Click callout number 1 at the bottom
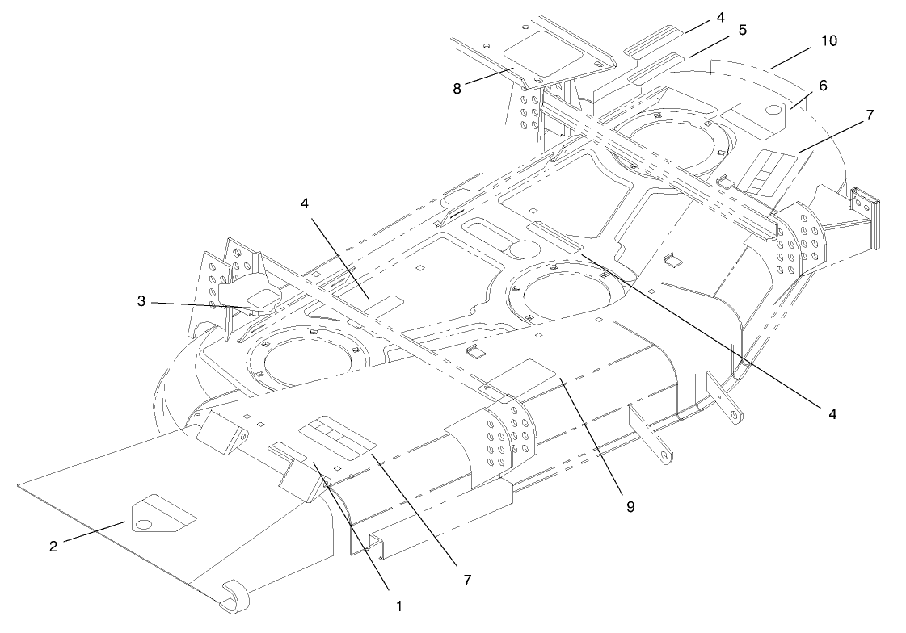(x=398, y=606)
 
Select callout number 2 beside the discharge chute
(x=53, y=546)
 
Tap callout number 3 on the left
(x=141, y=300)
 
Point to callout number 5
(x=743, y=29)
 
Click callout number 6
(x=823, y=86)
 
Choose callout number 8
(x=457, y=89)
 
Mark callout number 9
(x=630, y=506)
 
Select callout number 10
(x=828, y=40)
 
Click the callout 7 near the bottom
(x=467, y=580)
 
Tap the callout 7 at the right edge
(x=870, y=115)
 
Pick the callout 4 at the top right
(x=721, y=17)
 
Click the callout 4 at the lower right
(x=832, y=413)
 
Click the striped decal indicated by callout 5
(x=655, y=68)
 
